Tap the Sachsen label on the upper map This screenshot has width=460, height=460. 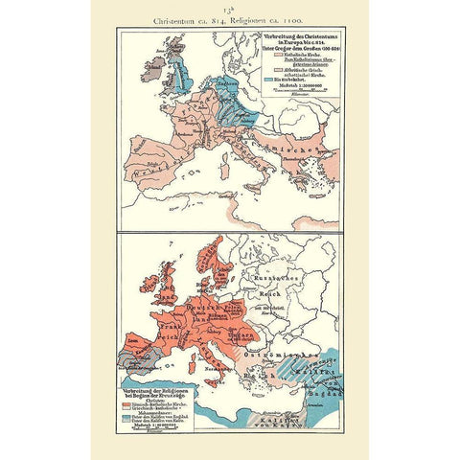pos(226,84)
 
